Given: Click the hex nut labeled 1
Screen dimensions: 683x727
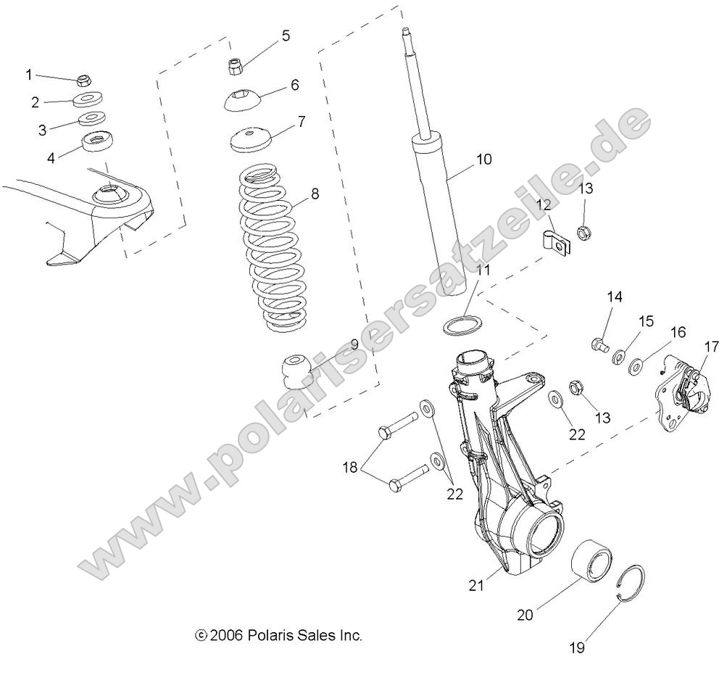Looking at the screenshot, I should point(83,80).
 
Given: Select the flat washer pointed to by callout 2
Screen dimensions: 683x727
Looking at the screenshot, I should point(88,99).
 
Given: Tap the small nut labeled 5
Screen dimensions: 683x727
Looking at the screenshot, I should point(236,67).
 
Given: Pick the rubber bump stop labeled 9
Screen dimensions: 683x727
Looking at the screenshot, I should point(296,368).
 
